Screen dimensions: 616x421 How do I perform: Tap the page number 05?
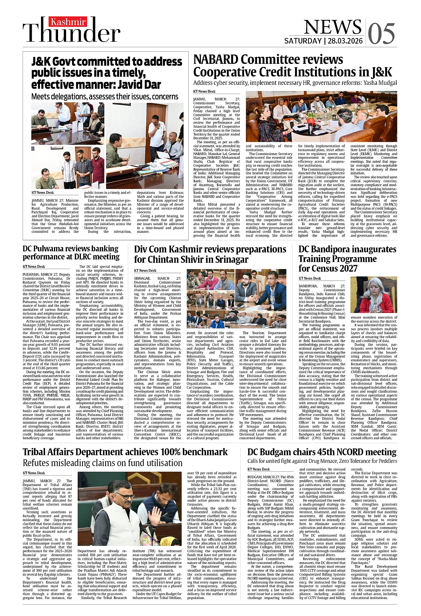click(381, 34)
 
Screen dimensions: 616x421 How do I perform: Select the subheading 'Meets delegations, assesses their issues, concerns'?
click(105, 97)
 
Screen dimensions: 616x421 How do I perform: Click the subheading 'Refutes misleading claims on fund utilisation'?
click(102, 463)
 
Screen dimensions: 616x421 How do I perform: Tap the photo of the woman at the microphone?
click(373, 295)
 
